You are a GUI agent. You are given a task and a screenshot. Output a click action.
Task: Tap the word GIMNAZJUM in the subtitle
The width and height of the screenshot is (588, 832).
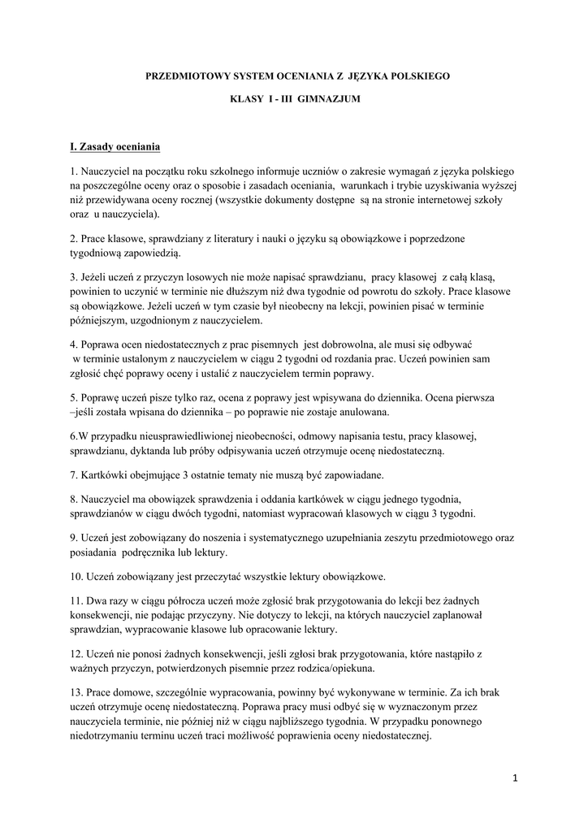(x=325, y=99)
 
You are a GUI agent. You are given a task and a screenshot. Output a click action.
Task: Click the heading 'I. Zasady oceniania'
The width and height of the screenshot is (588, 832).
(x=115, y=147)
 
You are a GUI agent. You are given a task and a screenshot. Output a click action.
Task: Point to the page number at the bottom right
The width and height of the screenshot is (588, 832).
(x=515, y=778)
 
